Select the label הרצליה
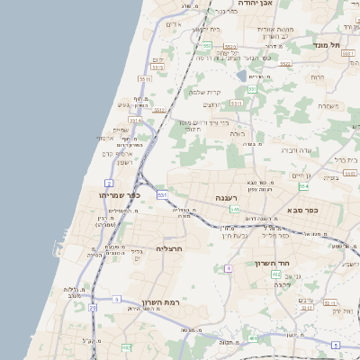169,247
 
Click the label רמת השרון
161,302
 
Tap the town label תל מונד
328,44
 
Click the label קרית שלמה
204,92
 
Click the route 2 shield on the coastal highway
109,183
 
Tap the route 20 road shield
93,307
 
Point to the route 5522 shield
285,64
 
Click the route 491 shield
126,347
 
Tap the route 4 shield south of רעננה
229,267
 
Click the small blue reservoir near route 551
240,76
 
